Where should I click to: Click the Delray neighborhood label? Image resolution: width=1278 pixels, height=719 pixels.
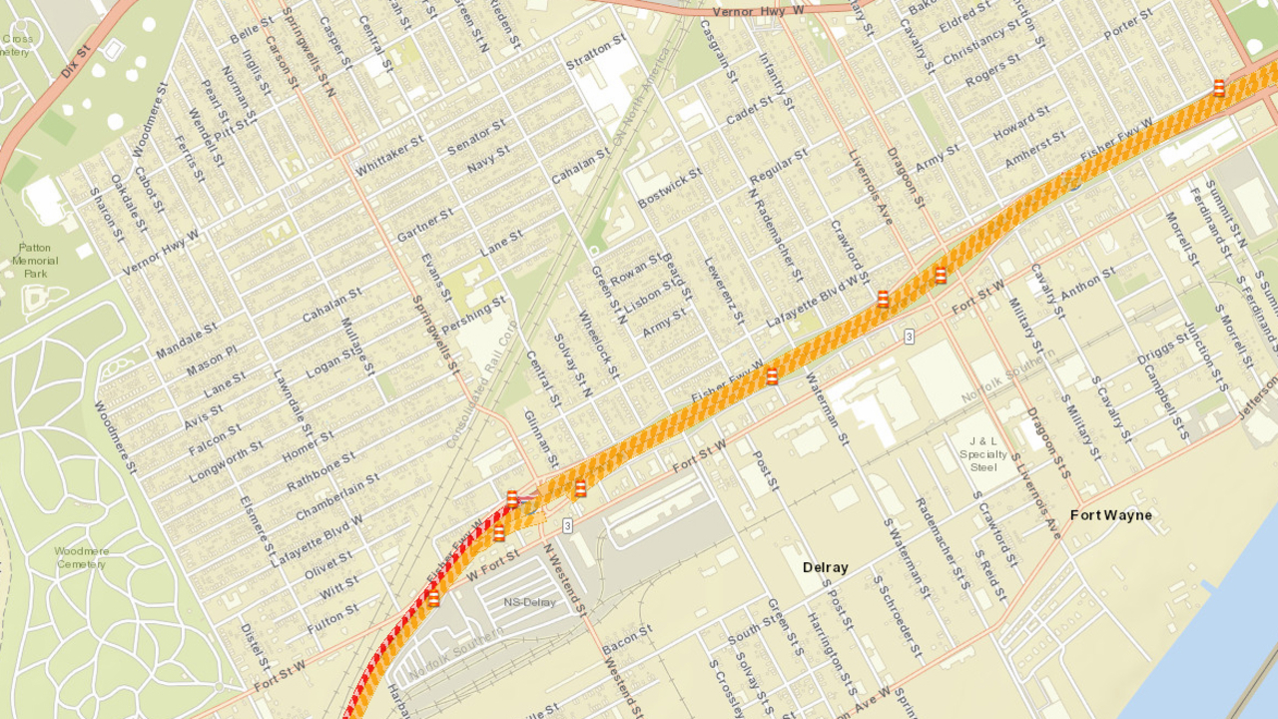pyautogui.click(x=825, y=567)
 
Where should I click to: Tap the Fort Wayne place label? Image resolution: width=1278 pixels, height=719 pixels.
pyautogui.click(x=1110, y=515)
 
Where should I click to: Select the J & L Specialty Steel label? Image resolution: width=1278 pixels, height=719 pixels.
pyautogui.click(x=982, y=454)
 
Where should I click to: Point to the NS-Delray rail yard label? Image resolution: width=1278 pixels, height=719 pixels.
pyautogui.click(x=529, y=602)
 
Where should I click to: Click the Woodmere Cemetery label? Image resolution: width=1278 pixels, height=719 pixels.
pyautogui.click(x=81, y=557)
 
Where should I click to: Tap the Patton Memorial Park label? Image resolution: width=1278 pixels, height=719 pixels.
pyautogui.click(x=35, y=260)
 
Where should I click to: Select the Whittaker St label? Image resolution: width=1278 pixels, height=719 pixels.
pyautogui.click(x=389, y=156)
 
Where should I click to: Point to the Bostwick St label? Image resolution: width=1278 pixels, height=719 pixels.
pyautogui.click(x=670, y=187)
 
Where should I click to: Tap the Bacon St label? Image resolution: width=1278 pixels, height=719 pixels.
pyautogui.click(x=627, y=640)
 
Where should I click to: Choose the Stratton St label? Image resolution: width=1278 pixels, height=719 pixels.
pyautogui.click(x=596, y=52)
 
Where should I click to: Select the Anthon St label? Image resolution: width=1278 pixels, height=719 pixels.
pyautogui.click(x=1086, y=283)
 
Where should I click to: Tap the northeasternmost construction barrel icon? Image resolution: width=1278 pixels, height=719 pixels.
pyautogui.click(x=1219, y=88)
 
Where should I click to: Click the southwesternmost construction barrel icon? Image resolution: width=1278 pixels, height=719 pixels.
pyautogui.click(x=433, y=599)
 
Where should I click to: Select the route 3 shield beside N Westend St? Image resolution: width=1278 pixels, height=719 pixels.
pyautogui.click(x=567, y=525)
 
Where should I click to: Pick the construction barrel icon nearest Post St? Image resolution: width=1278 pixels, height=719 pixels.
pyautogui.click(x=772, y=376)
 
